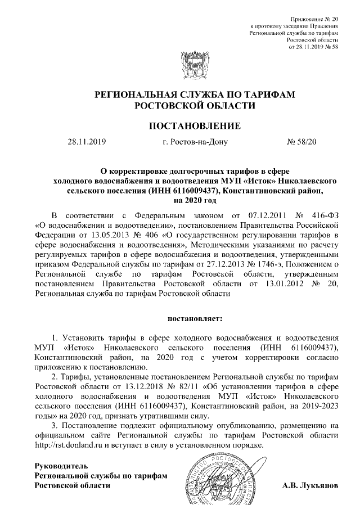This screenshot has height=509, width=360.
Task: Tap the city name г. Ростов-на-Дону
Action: click(x=194, y=142)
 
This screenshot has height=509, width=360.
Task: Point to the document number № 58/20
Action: click(x=302, y=142)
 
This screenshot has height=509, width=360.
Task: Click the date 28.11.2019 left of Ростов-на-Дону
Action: click(x=87, y=142)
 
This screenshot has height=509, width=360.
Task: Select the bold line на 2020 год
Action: click(x=195, y=200)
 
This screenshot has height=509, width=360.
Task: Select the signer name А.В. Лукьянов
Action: click(x=310, y=485)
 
